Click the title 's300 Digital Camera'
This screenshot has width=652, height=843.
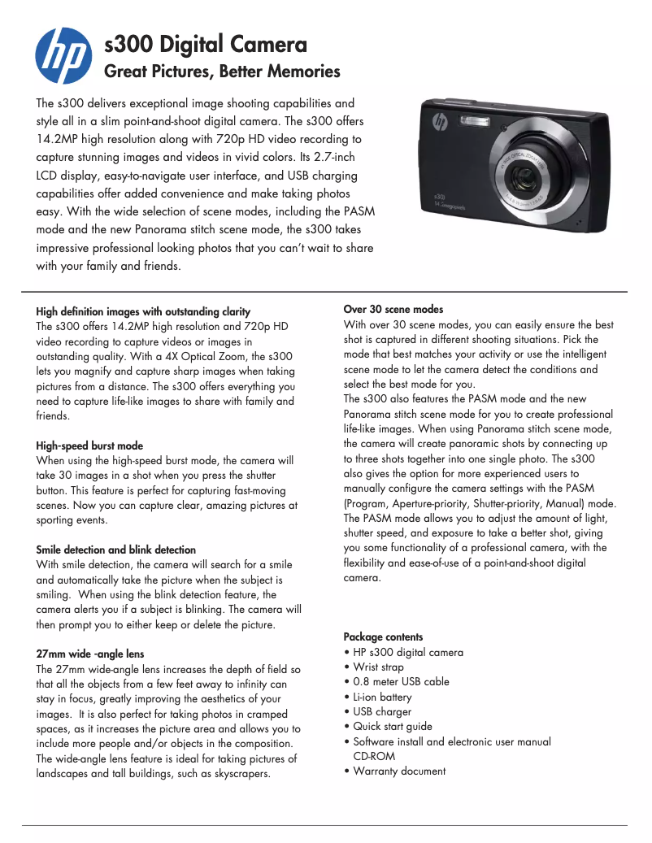[x=206, y=44]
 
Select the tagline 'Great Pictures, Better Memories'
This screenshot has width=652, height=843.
[x=223, y=72]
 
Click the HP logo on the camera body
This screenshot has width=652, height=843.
[x=441, y=124]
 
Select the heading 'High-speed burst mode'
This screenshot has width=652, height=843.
[x=89, y=445]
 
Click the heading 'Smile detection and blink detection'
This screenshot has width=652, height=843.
[x=116, y=550]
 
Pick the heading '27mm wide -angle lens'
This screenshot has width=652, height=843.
[x=90, y=654]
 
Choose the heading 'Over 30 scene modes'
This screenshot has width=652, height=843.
[x=393, y=309]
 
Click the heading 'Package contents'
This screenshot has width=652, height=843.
[x=383, y=637]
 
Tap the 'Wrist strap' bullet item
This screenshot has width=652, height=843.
[x=378, y=667]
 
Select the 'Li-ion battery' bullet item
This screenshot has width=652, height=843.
[x=382, y=697]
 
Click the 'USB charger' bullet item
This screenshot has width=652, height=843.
[x=382, y=711]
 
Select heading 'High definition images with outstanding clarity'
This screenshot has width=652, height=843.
[x=143, y=311]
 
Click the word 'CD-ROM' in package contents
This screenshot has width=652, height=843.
[x=374, y=756]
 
